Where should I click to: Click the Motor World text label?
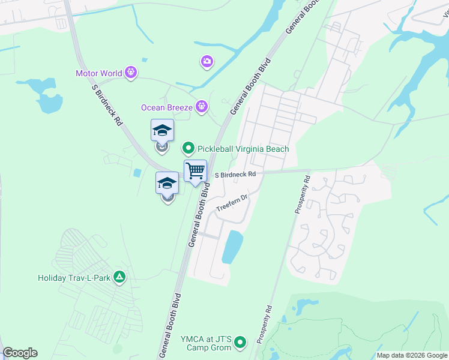point(100,74)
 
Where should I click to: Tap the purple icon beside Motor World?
point(131,74)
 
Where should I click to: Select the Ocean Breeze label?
point(166,107)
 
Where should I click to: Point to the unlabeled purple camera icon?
point(207,61)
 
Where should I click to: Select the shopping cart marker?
point(196,171)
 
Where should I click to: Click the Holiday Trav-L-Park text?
point(75,278)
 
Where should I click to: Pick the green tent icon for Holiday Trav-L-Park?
point(120,277)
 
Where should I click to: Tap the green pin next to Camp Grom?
point(240,343)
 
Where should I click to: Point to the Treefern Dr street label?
point(232,203)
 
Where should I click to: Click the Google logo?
point(20,353)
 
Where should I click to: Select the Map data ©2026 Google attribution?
point(412,355)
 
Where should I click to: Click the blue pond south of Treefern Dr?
point(232,246)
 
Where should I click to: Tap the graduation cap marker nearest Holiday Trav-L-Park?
point(167,183)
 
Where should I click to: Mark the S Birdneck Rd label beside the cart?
point(235,174)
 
